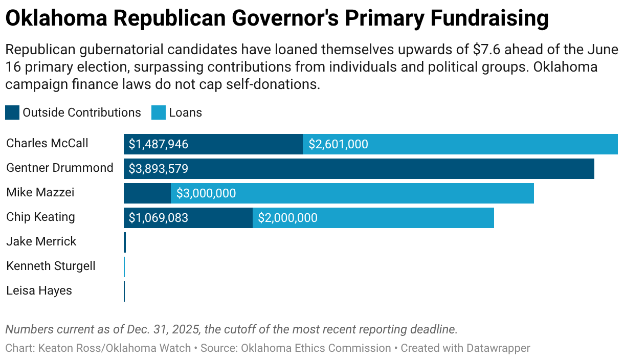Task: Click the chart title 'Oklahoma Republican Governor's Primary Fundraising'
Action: click(277, 19)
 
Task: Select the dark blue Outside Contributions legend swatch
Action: click(12, 112)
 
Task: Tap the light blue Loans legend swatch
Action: click(159, 112)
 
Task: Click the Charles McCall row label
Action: click(47, 143)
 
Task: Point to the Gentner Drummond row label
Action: click(59, 168)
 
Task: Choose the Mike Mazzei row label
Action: click(40, 192)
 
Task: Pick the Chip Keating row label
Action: click(40, 217)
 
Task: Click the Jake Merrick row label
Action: click(41, 241)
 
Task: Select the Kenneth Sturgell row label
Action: click(51, 266)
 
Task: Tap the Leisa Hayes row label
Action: click(39, 290)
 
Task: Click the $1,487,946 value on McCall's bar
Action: click(159, 144)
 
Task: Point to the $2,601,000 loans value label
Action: click(338, 144)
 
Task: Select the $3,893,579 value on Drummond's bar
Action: click(159, 169)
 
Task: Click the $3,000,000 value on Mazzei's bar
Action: click(206, 193)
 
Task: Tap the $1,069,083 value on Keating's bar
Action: click(159, 218)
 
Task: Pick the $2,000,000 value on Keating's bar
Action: click(287, 218)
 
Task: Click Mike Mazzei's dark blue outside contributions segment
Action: click(147, 193)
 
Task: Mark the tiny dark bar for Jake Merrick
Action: click(125, 242)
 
